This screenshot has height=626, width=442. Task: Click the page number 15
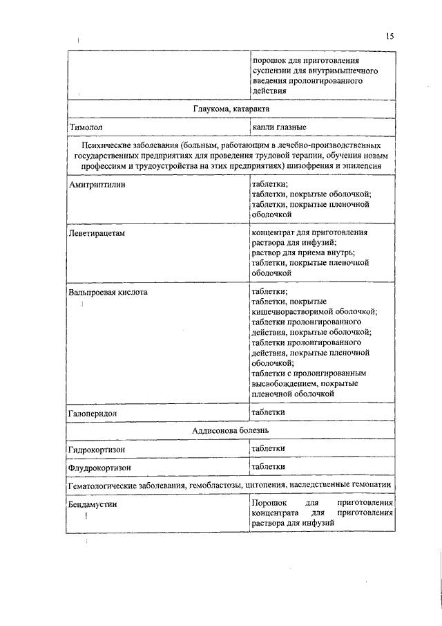[x=390, y=37]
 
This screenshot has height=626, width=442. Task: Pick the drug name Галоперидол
[x=93, y=413]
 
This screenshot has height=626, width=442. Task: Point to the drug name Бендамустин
[x=93, y=504]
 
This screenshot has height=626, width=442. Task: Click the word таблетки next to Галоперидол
[x=269, y=412]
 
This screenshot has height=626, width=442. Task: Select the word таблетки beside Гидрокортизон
[x=269, y=448]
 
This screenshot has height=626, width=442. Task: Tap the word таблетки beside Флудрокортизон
[x=269, y=466]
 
